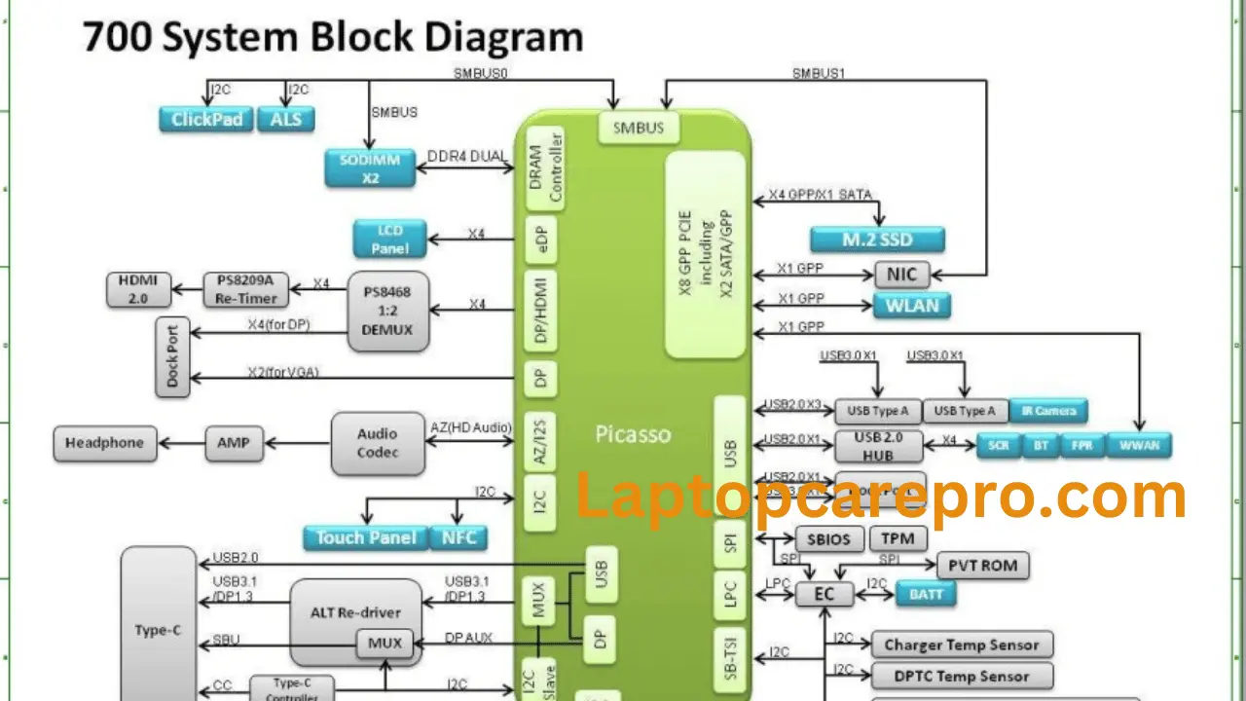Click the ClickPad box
tap(205, 120)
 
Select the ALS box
tap(286, 120)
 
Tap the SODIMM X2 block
tap(370, 167)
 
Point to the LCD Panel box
tap(389, 240)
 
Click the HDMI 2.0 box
tap(138, 290)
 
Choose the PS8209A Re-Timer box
tap(247, 290)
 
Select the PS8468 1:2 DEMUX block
tap(387, 311)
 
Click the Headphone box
tap(104, 443)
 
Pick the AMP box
tap(234, 443)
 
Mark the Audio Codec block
tap(378, 443)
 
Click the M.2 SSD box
tap(877, 239)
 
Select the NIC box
tap(901, 275)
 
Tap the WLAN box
tap(912, 305)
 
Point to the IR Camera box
tap(1047, 411)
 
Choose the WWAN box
tap(1139, 445)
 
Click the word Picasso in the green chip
tap(633, 434)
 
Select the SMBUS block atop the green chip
tap(639, 128)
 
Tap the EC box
tap(825, 594)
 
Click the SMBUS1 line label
tap(821, 73)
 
